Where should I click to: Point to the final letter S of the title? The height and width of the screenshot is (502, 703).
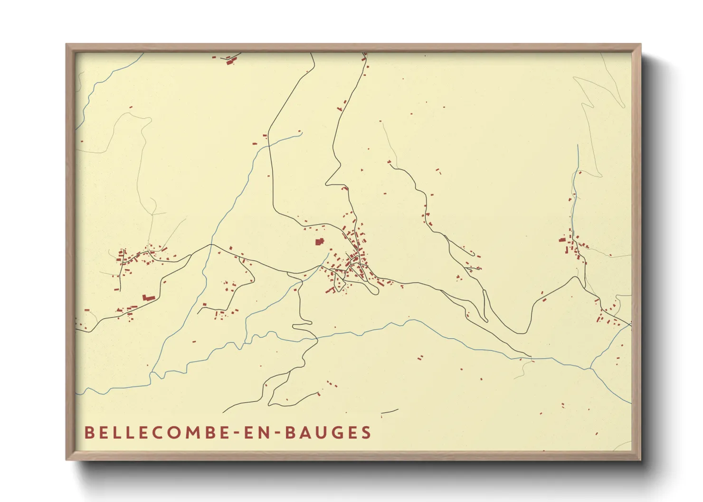pos(366,432)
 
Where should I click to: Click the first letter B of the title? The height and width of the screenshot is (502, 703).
pos(89,432)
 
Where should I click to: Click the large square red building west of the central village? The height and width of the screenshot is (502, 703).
pos(319,242)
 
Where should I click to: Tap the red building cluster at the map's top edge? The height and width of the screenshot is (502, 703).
pos(231,60)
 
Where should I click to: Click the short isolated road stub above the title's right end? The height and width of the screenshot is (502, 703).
pos(389,411)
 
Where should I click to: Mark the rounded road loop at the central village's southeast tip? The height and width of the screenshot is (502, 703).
pos(375,290)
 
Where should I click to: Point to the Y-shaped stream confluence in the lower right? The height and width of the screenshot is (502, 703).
pos(590,368)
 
